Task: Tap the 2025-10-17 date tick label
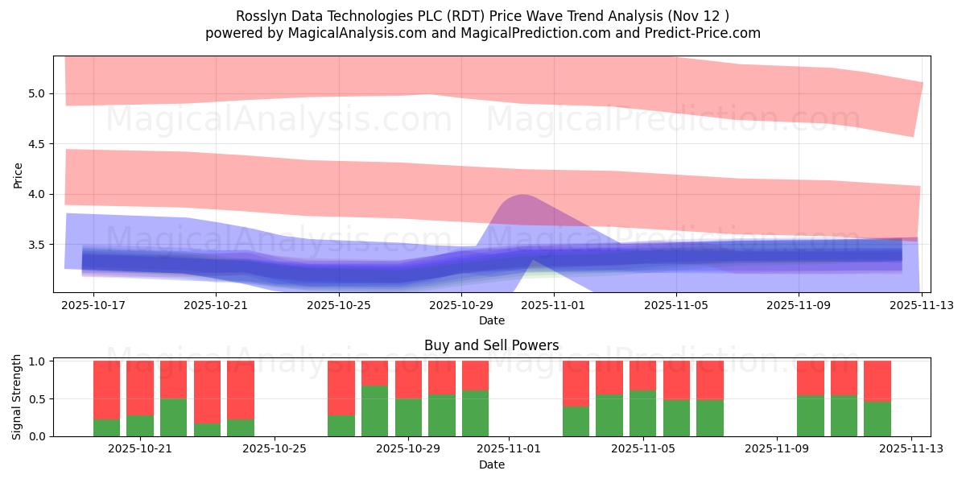[x=94, y=306]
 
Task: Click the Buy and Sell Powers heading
[x=492, y=346]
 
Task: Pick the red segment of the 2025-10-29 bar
[x=408, y=379]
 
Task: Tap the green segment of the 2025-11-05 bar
[x=642, y=414]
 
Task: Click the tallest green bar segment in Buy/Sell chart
[x=374, y=411]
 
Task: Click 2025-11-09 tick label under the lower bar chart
[x=777, y=449]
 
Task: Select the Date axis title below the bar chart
[x=492, y=464]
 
